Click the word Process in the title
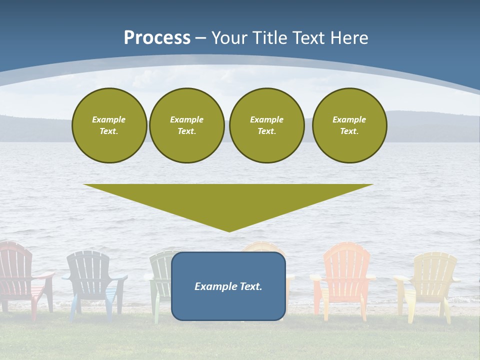157,38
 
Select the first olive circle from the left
109,125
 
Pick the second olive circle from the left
187,125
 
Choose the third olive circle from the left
267,125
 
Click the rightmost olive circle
349,125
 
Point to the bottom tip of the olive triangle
229,231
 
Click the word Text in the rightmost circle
349,131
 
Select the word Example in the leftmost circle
109,119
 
